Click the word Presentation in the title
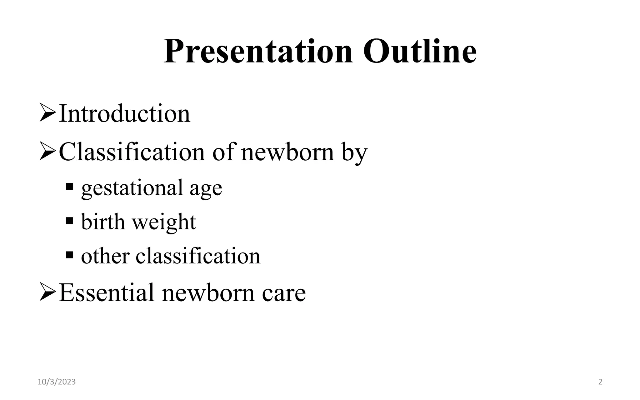pos(258,52)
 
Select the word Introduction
pos(124,113)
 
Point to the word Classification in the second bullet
pos(132,152)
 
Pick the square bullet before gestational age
pos(69,187)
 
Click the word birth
pos(103,222)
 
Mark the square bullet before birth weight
pos(69,221)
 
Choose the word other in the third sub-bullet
pos(105,256)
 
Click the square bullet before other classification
pos(69,255)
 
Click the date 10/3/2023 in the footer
pos(57,382)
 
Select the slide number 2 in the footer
pos(600,382)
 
